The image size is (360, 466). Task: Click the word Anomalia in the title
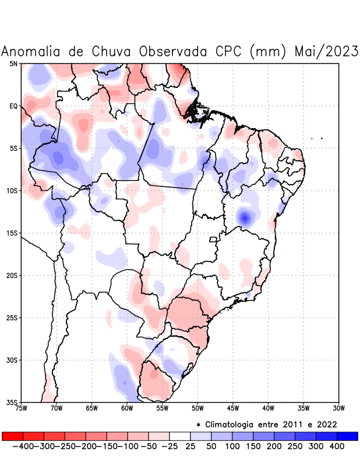click(x=33, y=51)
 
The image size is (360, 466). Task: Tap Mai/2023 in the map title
click(x=326, y=51)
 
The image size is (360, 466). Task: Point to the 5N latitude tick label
click(x=13, y=63)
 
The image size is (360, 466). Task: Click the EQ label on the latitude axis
click(x=13, y=106)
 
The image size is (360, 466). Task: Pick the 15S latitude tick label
click(x=12, y=233)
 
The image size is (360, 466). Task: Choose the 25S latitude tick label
click(x=12, y=317)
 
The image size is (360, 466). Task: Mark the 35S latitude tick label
click(x=12, y=402)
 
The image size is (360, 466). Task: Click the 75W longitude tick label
click(x=21, y=408)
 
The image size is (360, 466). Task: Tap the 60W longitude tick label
click(x=127, y=408)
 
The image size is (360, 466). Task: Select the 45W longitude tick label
click(x=233, y=408)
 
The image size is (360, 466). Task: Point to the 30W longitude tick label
click(x=339, y=408)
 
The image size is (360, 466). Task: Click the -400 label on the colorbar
click(x=23, y=446)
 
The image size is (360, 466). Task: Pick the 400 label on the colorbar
click(x=337, y=446)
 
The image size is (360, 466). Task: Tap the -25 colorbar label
click(x=170, y=446)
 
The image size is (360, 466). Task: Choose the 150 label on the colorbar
click(x=253, y=446)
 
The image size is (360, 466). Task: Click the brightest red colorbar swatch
click(x=12, y=436)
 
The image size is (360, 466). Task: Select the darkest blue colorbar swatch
click(x=347, y=436)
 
